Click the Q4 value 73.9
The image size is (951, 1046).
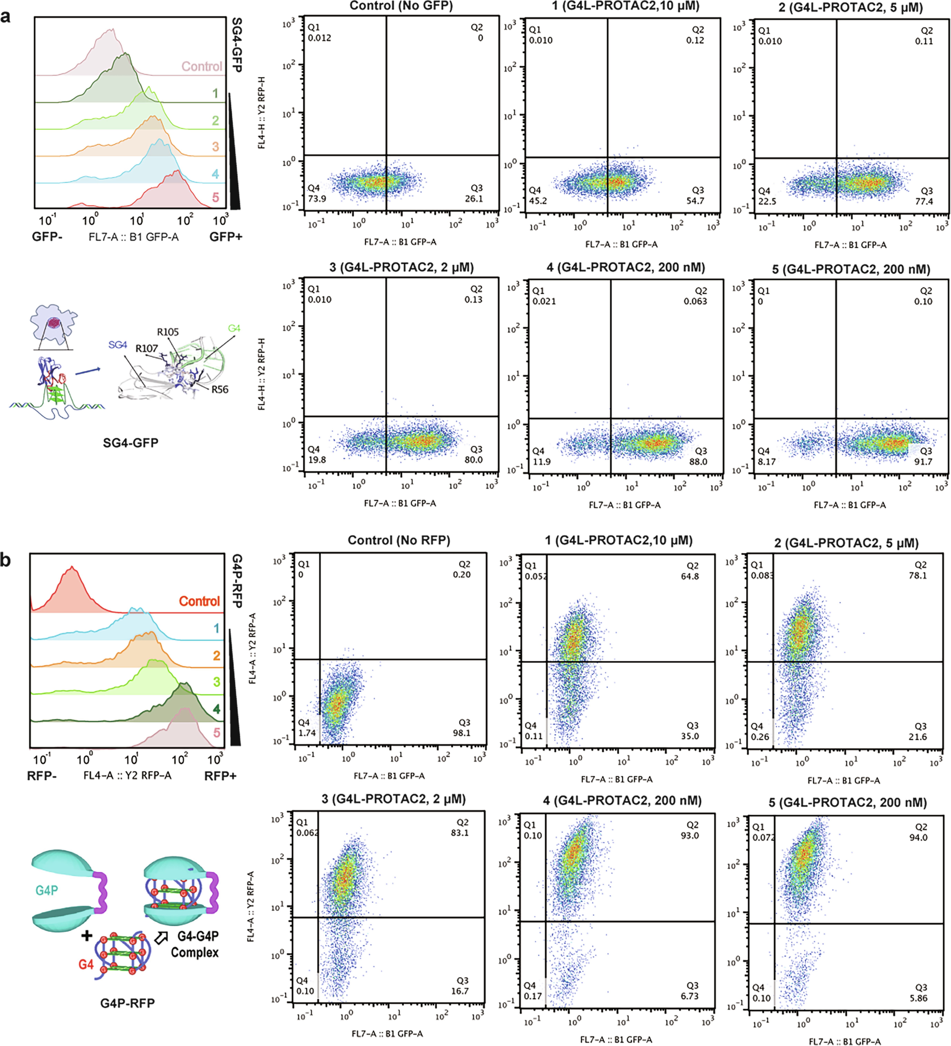(317, 199)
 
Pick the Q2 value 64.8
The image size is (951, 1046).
(690, 576)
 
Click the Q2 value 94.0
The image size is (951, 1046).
(918, 837)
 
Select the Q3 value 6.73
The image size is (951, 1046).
(690, 996)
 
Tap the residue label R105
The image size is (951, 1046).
(168, 332)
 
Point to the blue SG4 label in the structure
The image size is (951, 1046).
(118, 345)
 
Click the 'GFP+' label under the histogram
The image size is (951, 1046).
(226, 237)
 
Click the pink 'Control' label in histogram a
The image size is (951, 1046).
(201, 66)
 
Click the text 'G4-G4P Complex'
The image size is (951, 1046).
(195, 944)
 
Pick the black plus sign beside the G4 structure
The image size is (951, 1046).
(87, 936)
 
